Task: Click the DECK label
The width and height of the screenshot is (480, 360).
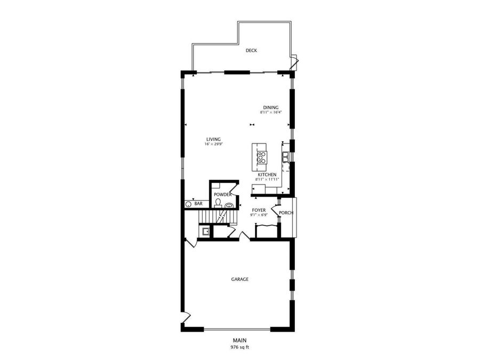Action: pos(251,51)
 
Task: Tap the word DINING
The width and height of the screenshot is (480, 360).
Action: pos(270,107)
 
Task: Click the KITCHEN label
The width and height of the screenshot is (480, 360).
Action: pos(267,175)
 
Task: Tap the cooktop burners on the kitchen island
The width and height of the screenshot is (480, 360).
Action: pos(262,157)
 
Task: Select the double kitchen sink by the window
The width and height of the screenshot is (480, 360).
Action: pos(285,156)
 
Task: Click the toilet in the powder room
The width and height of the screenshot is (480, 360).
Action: pos(219,203)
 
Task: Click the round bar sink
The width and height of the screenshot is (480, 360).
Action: pos(189,204)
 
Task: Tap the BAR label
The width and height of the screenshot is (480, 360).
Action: pos(198,204)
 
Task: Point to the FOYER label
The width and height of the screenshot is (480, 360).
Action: pos(259,210)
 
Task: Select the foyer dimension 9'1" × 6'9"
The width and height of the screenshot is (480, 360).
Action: pos(259,215)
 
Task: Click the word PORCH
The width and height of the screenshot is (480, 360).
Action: pos(286,213)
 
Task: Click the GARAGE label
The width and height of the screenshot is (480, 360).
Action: pos(239,279)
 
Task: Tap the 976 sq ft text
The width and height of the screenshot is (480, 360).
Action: pos(239,347)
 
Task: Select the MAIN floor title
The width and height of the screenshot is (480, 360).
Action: pos(239,340)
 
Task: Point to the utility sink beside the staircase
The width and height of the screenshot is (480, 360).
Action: pos(206,231)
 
